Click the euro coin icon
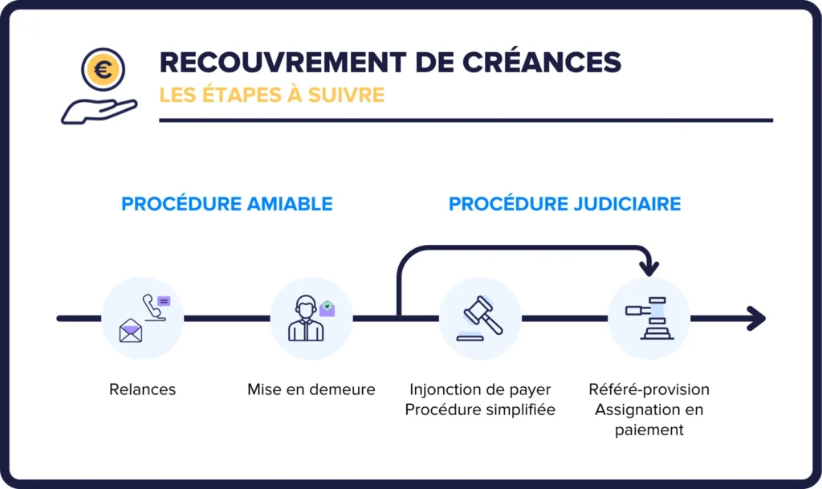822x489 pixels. coord(102,70)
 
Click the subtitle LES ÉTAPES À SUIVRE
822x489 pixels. coord(271,96)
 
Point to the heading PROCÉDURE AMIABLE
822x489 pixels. coord(226,204)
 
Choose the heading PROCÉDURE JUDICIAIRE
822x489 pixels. coord(564,204)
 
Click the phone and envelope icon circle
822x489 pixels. coord(143,318)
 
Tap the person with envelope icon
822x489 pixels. coord(311,318)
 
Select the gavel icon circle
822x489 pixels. coord(480,318)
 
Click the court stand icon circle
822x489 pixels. coord(649,318)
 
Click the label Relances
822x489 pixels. coord(142,390)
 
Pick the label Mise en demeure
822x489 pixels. coord(311,390)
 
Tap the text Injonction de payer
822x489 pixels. coord(480,390)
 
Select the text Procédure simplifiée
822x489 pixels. coord(480,410)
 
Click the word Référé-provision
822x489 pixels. coord(649,390)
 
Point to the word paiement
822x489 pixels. coord(649,430)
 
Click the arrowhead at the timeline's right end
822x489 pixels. coord(756,318)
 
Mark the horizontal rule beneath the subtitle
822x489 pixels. coord(466,120)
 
